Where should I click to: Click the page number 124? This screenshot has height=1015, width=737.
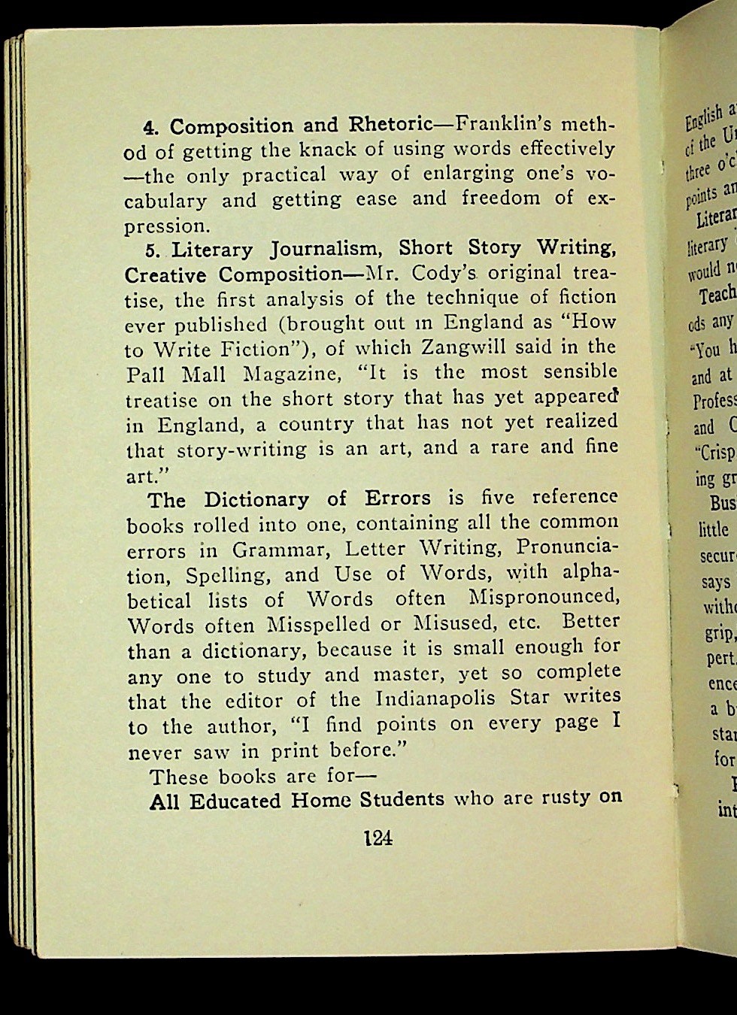point(378,838)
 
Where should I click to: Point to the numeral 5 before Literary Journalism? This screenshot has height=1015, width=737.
point(150,250)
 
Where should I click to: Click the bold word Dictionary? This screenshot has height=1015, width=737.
point(256,500)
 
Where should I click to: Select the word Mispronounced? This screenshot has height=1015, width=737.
point(544,598)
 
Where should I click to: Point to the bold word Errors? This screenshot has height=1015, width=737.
point(398,498)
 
